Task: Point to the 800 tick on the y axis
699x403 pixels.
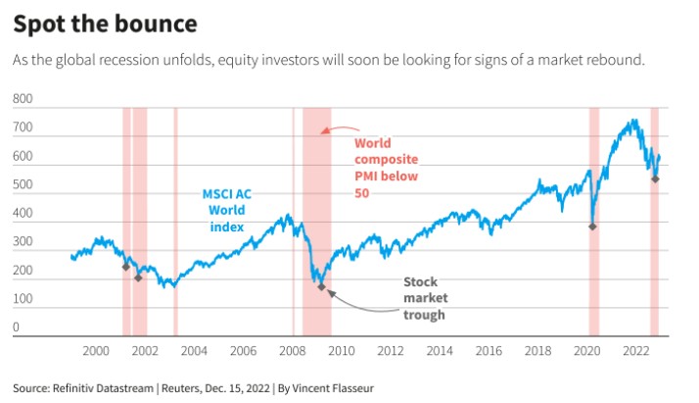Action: coord(23,99)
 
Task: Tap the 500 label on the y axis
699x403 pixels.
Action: coord(23,184)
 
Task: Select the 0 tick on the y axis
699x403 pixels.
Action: coord(17,327)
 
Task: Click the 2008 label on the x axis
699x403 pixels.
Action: coord(292,350)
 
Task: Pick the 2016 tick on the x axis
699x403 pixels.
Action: coord(489,350)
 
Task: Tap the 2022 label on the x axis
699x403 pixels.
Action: coord(636,350)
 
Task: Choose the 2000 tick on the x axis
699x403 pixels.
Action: coord(95,350)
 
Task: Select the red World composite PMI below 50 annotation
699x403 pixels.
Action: coord(386,168)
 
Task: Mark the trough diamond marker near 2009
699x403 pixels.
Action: coord(321,286)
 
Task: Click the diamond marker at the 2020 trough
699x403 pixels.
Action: coord(592,227)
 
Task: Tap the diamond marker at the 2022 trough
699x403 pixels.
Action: coord(655,178)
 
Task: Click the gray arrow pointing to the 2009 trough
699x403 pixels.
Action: coord(362,304)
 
